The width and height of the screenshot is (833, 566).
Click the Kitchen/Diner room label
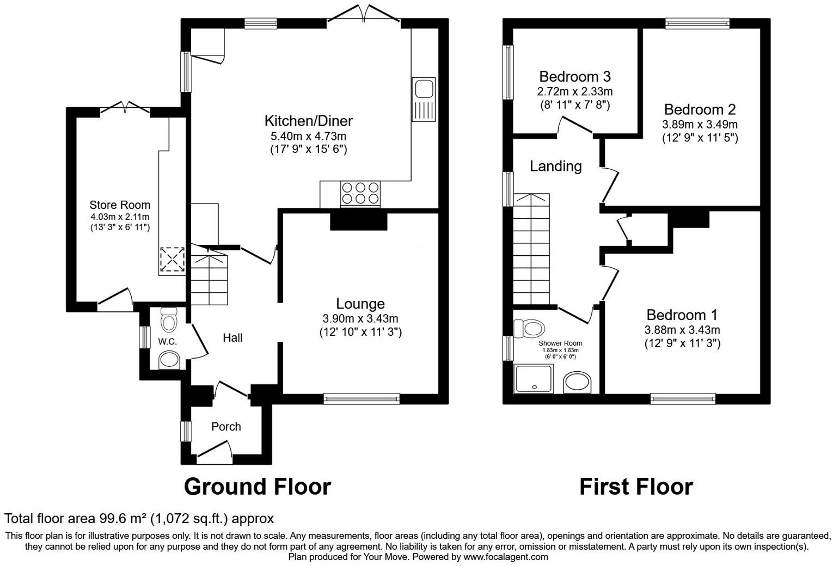coord(308,121)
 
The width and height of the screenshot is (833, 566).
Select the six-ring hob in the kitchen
coord(359,193)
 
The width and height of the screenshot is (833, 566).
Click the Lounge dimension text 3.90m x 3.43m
coord(360,319)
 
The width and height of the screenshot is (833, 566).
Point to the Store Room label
coord(120,205)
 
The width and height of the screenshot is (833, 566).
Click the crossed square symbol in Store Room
coord(173,260)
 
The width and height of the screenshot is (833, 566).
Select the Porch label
coord(226,427)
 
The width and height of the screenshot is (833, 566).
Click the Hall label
coord(232,338)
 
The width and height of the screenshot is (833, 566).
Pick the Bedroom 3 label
coord(574,76)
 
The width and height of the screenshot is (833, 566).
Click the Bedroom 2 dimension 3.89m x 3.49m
coord(700,125)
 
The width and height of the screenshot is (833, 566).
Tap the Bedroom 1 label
coord(682,315)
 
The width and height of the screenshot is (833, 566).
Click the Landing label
coord(555,166)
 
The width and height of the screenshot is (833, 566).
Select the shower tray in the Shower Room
coord(534,379)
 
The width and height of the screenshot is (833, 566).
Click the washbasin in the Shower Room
coord(578,383)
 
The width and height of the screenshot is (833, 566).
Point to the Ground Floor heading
coord(257,487)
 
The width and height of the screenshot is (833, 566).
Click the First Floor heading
coord(635,487)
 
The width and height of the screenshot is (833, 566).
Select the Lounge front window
coord(362,399)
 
